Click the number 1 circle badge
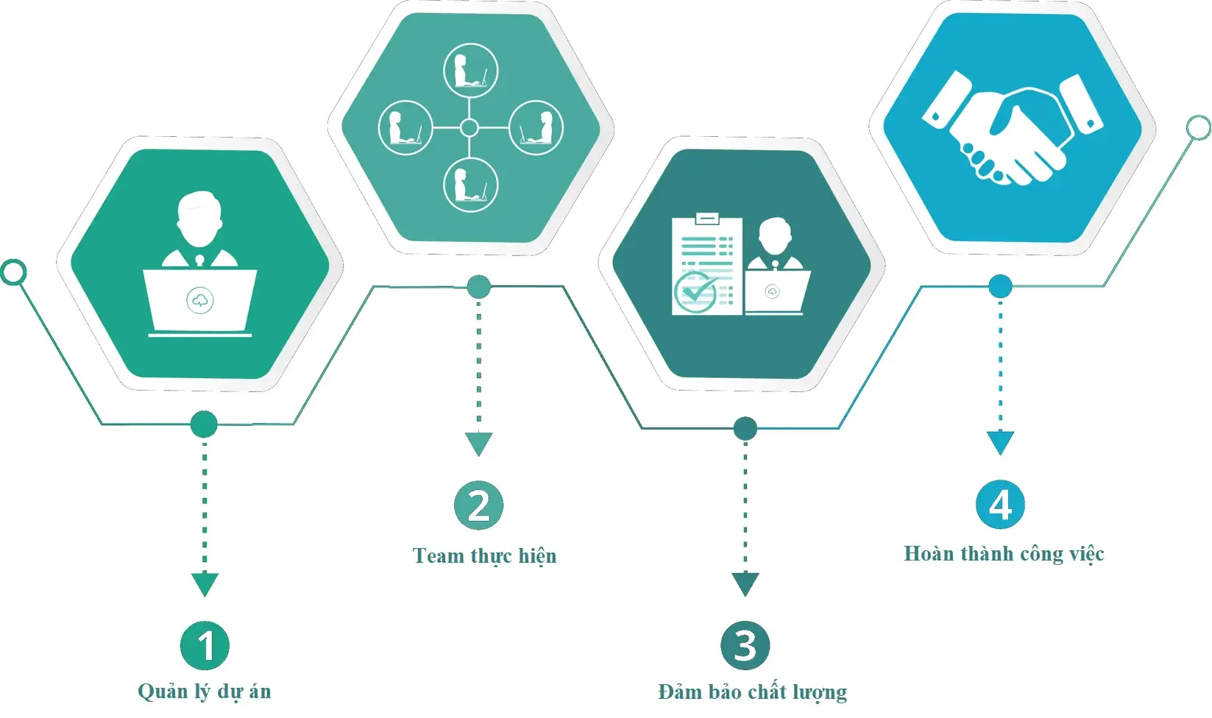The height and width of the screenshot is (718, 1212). coord(205,645)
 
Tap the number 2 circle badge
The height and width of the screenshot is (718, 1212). coord(478,505)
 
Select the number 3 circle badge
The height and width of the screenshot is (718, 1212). coord(745,645)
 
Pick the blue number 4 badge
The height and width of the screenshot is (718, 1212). coord(1000,505)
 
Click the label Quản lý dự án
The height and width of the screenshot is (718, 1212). coord(205,692)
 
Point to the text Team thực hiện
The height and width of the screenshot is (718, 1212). coord(484,555)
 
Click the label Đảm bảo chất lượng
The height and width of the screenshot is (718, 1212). coord(752,692)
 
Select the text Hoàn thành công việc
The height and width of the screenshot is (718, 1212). coord(1004,554)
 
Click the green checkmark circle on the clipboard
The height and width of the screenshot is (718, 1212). coord(695,292)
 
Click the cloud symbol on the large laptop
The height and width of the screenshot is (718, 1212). coord(200,301)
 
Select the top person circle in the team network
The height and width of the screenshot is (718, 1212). coord(470,71)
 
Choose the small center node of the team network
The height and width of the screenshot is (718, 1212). coord(469,128)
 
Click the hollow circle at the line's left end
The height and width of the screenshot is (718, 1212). coord(13,272)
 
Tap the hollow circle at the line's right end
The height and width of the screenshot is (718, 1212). coord(1198,127)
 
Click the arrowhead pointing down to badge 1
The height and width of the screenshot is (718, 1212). coord(205,584)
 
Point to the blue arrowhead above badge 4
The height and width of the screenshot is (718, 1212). coord(1000,442)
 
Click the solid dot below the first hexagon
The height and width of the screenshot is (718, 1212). coord(204,424)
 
